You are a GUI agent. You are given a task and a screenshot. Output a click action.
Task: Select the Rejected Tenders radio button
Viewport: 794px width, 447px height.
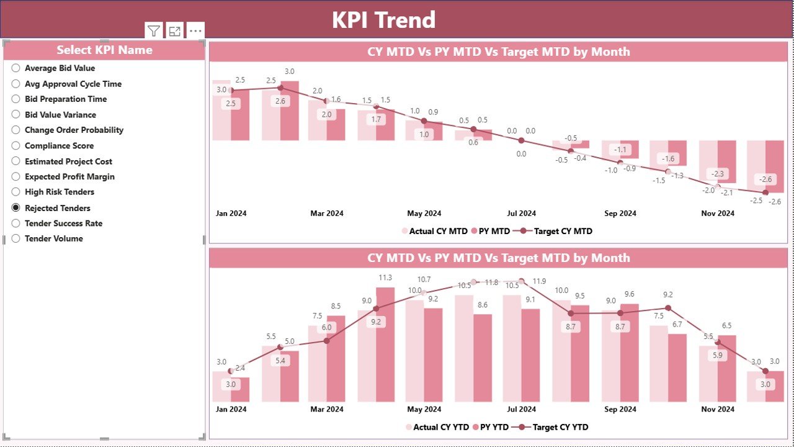(x=16, y=208)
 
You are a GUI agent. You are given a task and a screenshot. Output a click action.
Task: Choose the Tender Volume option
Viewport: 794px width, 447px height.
(x=16, y=238)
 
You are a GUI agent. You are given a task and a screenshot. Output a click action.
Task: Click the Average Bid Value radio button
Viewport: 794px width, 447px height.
(x=16, y=68)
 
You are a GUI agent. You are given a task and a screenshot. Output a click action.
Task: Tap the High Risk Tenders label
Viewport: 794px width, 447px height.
(x=60, y=192)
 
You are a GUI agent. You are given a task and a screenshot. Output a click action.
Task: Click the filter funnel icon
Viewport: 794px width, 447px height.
(x=154, y=30)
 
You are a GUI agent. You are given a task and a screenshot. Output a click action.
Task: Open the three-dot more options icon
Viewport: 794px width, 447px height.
(x=195, y=30)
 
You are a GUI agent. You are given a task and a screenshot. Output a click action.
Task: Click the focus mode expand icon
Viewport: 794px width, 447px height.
(x=175, y=30)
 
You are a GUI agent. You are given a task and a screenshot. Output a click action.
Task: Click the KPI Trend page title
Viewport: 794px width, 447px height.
(x=383, y=20)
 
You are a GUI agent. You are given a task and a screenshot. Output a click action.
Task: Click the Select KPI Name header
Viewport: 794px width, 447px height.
(x=104, y=50)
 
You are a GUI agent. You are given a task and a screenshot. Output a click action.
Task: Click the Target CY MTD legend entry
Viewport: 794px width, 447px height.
(x=563, y=231)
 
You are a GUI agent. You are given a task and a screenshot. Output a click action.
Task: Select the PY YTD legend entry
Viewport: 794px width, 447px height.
(x=494, y=427)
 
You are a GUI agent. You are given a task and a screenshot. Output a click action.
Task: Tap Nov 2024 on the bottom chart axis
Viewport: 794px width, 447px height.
(x=718, y=410)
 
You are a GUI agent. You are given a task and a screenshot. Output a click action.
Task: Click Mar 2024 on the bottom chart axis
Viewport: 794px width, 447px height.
(x=327, y=410)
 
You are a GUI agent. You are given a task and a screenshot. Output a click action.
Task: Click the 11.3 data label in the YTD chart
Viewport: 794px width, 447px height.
(x=385, y=278)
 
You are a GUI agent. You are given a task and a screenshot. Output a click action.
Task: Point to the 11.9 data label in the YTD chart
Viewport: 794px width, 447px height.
(x=539, y=281)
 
